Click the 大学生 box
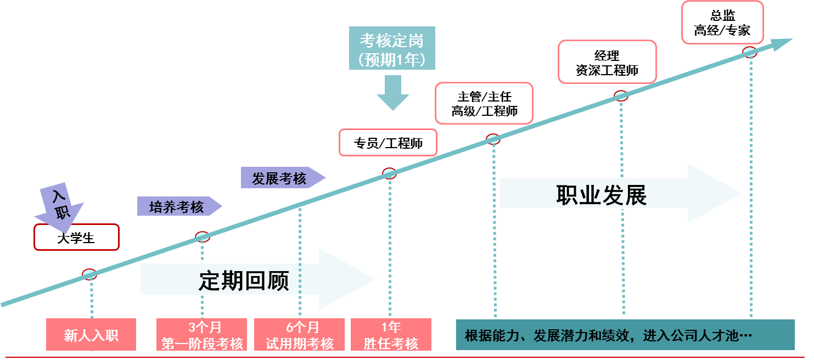click(x=76, y=238)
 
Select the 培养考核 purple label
click(x=177, y=206)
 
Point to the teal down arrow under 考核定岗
click(x=392, y=92)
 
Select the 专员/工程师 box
click(x=388, y=143)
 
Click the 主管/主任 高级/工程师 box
click(x=484, y=103)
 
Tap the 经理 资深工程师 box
click(x=607, y=62)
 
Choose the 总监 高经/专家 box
click(x=722, y=22)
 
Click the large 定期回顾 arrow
click(x=258, y=280)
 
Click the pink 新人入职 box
click(x=91, y=335)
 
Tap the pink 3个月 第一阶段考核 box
click(x=202, y=335)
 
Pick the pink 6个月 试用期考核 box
click(x=300, y=335)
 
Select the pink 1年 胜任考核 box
click(x=391, y=335)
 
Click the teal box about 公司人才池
click(x=625, y=335)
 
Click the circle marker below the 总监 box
click(x=750, y=52)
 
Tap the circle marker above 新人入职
click(x=90, y=274)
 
